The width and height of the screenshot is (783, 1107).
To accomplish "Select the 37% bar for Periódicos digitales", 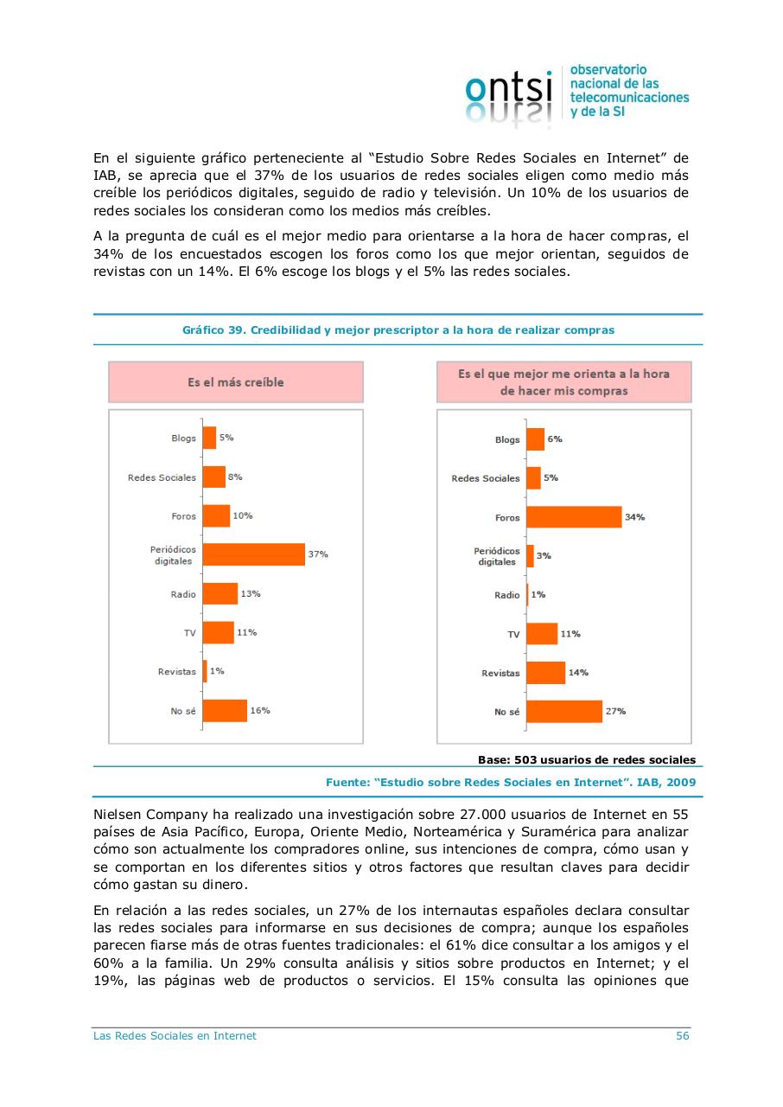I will click(x=253, y=554).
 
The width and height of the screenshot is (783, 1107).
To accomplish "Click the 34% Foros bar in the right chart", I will click(x=574, y=517).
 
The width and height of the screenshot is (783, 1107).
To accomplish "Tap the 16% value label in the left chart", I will click(x=260, y=710).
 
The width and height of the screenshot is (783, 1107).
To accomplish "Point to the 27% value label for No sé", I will click(x=615, y=711).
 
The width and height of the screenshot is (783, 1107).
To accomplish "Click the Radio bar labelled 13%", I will click(x=220, y=593).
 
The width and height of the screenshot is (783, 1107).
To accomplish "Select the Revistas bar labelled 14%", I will click(x=545, y=672).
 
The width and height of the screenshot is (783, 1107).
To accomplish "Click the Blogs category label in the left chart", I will click(x=183, y=438).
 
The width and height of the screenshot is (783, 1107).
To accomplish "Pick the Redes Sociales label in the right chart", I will click(x=486, y=478).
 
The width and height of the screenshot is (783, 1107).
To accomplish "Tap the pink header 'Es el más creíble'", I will click(x=235, y=382).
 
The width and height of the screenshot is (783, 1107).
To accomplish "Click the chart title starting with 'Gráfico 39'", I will click(x=398, y=330).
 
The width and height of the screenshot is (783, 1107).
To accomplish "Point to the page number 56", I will click(x=682, y=1035).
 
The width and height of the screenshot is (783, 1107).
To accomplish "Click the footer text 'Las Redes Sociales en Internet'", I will click(x=175, y=1035).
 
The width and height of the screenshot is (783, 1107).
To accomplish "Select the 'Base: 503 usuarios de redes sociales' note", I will click(x=586, y=760).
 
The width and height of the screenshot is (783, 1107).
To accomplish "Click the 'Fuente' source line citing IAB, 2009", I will click(x=511, y=782).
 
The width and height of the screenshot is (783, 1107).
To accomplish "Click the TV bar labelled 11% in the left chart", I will click(x=218, y=632).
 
